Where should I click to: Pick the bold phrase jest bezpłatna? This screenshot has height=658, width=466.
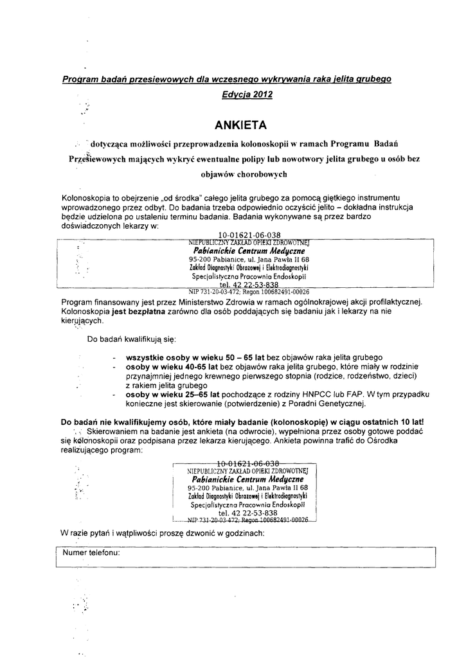tap(138, 311)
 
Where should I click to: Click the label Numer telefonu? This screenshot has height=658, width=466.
tap(92, 552)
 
